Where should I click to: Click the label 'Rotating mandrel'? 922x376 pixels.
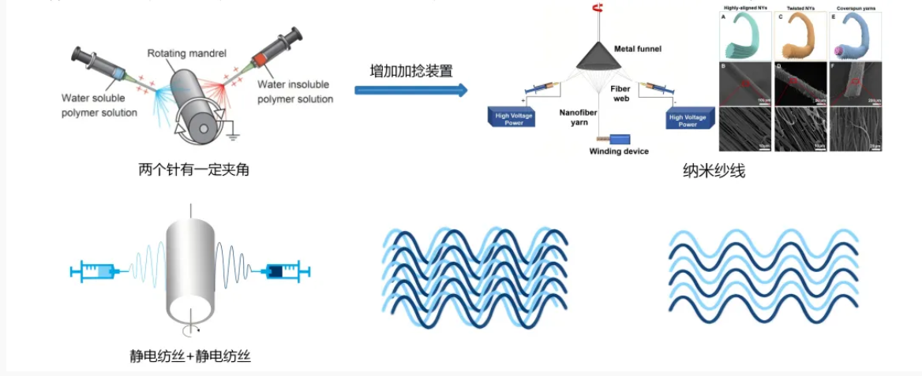coord(187,54)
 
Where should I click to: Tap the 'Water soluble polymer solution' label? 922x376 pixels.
coord(99,106)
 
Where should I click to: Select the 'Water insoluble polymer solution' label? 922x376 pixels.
coord(295,91)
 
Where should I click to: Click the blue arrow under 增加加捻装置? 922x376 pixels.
coord(410,89)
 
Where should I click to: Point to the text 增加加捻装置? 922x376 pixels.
coord(411,70)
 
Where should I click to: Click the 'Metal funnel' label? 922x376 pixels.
coord(639,49)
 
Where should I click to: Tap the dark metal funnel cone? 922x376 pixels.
coord(600,54)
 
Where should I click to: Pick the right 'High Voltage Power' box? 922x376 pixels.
coord(688,120)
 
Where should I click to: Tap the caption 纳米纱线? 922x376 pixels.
coord(714,170)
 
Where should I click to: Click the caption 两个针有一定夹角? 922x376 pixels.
coord(193,169)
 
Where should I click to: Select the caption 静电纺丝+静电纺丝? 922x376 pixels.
coord(189,356)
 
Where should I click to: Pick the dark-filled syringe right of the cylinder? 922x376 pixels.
coord(283,271)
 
